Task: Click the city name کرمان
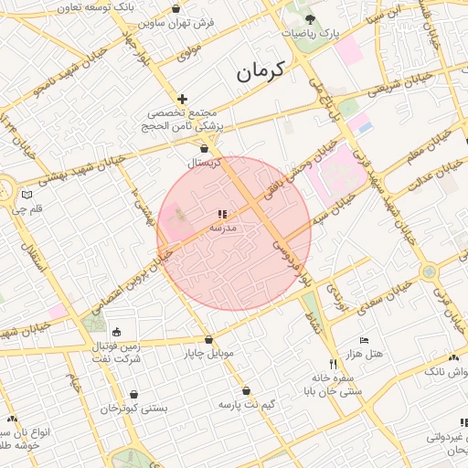click(x=261, y=70)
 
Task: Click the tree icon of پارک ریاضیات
click(x=311, y=17)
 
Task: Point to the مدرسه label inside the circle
click(x=223, y=227)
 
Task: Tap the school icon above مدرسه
click(x=222, y=214)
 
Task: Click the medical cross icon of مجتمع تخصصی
click(x=183, y=99)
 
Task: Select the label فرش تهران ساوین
click(x=214, y=21)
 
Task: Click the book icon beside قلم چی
click(x=27, y=195)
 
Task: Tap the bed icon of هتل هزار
click(x=365, y=340)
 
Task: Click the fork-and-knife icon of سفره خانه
click(x=332, y=364)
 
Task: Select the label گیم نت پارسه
click(x=247, y=403)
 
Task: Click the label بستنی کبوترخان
click(x=134, y=409)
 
